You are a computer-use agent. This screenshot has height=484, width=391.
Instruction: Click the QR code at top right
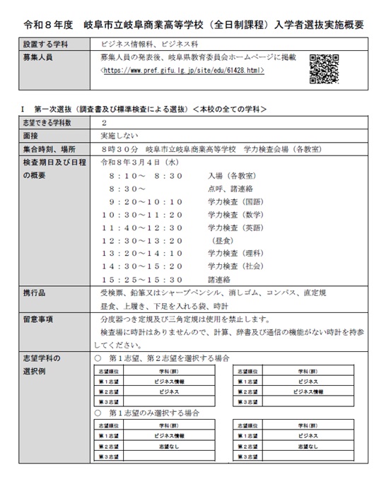323,69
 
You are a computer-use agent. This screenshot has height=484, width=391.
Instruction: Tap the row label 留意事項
38,318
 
